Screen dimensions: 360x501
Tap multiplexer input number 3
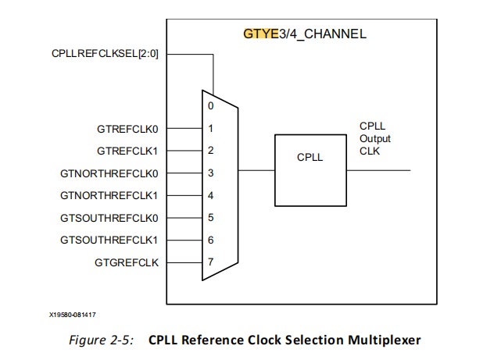tap(210, 173)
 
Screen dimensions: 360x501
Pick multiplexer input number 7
tap(210, 262)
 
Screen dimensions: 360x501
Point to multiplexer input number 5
tap(210, 217)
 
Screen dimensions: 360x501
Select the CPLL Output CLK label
tap(374, 138)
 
